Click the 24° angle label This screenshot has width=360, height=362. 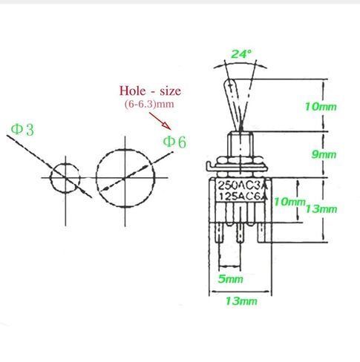click(x=241, y=54)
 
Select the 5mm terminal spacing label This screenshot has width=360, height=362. click(x=231, y=279)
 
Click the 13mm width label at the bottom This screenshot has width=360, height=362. click(x=241, y=301)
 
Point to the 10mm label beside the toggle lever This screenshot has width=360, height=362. click(x=321, y=107)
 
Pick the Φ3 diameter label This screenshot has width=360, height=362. click(x=22, y=130)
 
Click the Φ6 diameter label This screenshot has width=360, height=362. click(x=174, y=142)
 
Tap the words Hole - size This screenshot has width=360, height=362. click(x=150, y=90)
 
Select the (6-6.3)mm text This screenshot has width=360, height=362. click(x=149, y=104)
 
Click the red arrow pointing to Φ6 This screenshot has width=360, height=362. click(x=160, y=121)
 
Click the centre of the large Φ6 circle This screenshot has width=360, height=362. click(x=125, y=178)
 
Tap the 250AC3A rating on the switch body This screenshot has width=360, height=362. click(x=243, y=185)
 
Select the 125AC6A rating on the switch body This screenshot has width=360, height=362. click(x=243, y=197)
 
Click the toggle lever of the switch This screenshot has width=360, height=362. click(x=235, y=105)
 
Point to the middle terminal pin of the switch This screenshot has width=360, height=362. click(x=240, y=233)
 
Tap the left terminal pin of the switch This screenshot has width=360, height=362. click(x=220, y=233)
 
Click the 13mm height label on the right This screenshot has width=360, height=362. click(x=321, y=209)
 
